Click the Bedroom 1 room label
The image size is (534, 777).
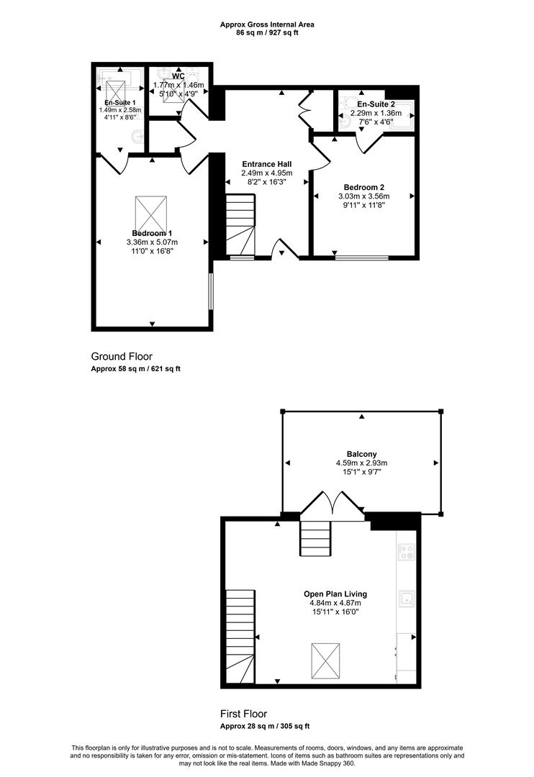(x=153, y=233)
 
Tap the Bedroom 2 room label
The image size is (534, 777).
(x=364, y=187)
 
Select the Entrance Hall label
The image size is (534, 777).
(x=267, y=164)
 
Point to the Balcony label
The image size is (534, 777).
(x=361, y=454)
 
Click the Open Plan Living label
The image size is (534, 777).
(x=335, y=594)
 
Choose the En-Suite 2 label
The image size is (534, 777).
(x=376, y=104)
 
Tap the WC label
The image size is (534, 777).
(x=178, y=76)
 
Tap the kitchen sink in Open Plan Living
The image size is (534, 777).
(x=407, y=599)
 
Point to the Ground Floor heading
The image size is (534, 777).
(x=122, y=356)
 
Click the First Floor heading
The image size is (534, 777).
(x=243, y=714)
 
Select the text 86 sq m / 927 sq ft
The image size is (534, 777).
(x=267, y=33)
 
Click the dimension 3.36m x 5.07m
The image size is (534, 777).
(x=153, y=242)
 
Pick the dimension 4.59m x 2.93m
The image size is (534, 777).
(x=361, y=463)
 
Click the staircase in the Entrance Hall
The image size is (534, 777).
(x=240, y=224)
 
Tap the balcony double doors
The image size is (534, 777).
(x=332, y=506)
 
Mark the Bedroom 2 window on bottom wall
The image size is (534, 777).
(x=361, y=258)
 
